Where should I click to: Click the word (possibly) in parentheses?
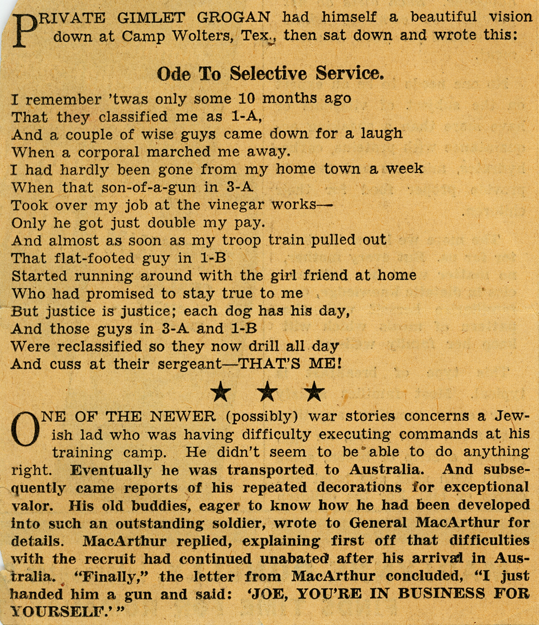260,416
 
